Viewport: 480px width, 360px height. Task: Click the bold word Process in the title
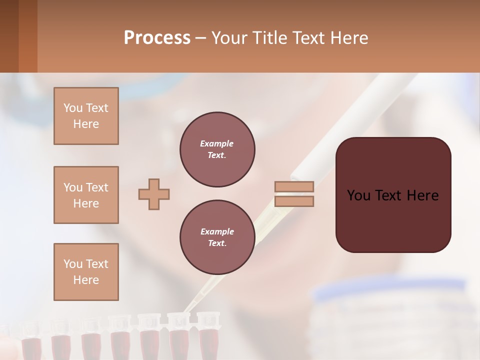coord(157,37)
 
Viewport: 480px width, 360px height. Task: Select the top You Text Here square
coord(86,116)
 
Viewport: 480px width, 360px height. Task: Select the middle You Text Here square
coord(86,195)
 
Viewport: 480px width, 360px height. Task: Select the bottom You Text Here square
coord(86,272)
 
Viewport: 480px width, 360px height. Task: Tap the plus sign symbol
coord(154,194)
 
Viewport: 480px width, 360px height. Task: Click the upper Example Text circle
coord(217,149)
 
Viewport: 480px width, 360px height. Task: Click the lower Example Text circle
coord(217,237)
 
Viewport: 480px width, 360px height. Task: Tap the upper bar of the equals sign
coord(294,186)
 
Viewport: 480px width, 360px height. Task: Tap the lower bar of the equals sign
coord(294,201)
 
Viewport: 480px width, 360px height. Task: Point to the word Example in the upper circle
coord(217,143)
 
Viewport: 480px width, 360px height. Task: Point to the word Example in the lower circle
coord(217,231)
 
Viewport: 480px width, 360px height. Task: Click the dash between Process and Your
coord(201,38)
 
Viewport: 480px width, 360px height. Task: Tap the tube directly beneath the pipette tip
coord(178,335)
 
